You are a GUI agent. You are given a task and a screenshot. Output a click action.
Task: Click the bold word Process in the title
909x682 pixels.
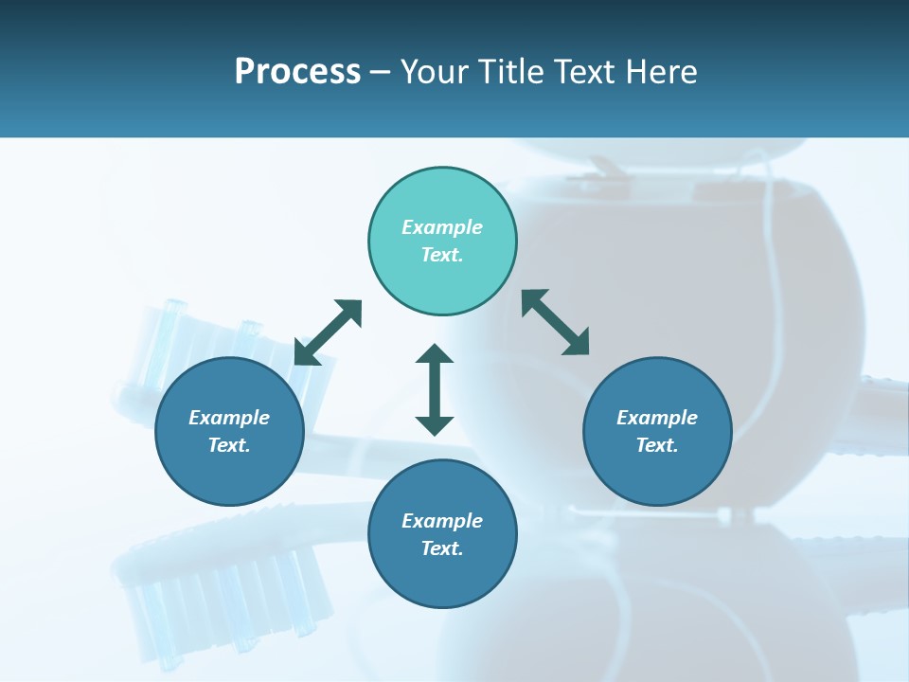(x=297, y=72)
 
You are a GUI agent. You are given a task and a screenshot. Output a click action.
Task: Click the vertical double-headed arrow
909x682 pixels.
(x=435, y=390)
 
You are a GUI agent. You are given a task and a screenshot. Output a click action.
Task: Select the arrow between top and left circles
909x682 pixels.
(x=328, y=332)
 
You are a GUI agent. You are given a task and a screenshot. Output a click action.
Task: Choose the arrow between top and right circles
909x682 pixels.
(x=556, y=323)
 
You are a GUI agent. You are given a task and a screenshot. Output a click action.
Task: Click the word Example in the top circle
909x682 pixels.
(x=442, y=227)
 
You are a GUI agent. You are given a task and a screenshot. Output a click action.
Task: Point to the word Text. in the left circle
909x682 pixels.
(x=229, y=445)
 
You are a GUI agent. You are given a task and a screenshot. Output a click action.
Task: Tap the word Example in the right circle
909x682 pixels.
(x=657, y=418)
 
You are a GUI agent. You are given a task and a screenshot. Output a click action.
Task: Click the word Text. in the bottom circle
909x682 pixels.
(x=442, y=548)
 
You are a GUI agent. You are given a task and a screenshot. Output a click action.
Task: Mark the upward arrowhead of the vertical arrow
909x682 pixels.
(x=435, y=355)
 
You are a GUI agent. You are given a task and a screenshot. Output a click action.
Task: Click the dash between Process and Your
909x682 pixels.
(x=381, y=72)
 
